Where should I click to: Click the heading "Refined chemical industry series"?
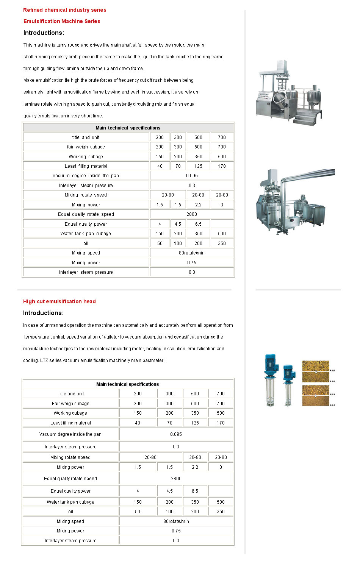64,10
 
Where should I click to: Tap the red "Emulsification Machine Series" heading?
62,21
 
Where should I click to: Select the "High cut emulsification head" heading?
59,301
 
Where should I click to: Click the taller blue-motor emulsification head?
271,379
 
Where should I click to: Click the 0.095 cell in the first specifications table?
192,176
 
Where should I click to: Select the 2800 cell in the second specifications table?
176,479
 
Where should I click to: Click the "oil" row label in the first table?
86,243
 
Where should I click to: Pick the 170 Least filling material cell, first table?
222,166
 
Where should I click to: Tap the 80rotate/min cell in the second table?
176,521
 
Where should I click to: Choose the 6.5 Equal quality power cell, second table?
195,491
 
